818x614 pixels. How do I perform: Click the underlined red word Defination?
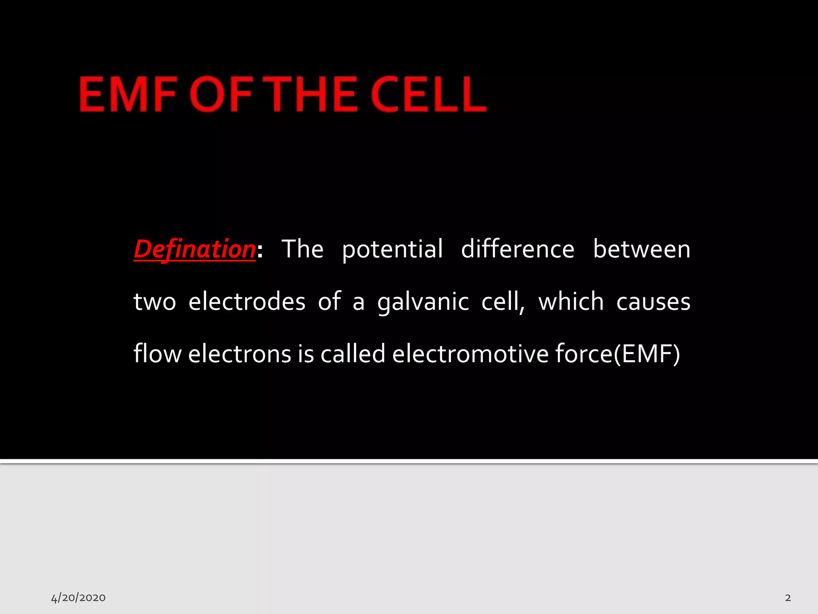[x=195, y=249]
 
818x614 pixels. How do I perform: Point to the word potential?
[x=392, y=250]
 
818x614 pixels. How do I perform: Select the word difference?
[x=518, y=249]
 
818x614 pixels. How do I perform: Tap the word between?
[x=641, y=249]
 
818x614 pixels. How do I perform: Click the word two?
[x=155, y=302]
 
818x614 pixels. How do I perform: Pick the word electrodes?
[x=247, y=301]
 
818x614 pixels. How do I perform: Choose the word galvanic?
[x=423, y=302]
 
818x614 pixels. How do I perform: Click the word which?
[x=571, y=301]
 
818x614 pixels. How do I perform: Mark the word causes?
[x=653, y=302]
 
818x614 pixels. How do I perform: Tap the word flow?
[x=157, y=354]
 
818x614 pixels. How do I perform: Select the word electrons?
[x=240, y=354]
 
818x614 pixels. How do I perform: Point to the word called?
[x=353, y=354]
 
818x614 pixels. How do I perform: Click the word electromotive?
[x=470, y=354]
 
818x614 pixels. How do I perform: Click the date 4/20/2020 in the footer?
[x=78, y=598]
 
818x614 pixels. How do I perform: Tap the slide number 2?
[x=788, y=598]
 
